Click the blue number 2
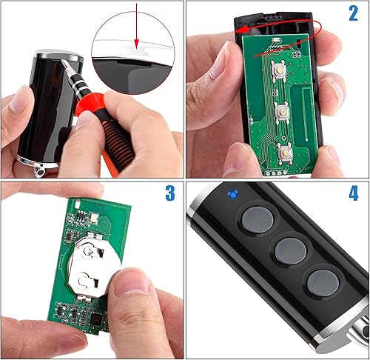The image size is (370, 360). click(x=353, y=13)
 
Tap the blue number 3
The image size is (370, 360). click(x=170, y=193)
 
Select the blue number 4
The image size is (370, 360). click(x=354, y=193)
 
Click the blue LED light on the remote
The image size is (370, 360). click(x=232, y=193)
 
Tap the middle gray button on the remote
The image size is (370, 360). click(x=291, y=251)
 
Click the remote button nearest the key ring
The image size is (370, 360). click(x=323, y=283)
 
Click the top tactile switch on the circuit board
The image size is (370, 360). click(x=279, y=70)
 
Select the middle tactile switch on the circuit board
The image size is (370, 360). click(x=283, y=113)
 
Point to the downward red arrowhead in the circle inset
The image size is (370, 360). click(x=136, y=44)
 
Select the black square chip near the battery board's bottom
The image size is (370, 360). click(x=96, y=319)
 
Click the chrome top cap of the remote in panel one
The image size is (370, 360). click(x=59, y=56)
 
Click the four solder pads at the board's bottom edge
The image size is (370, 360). click(x=276, y=173)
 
